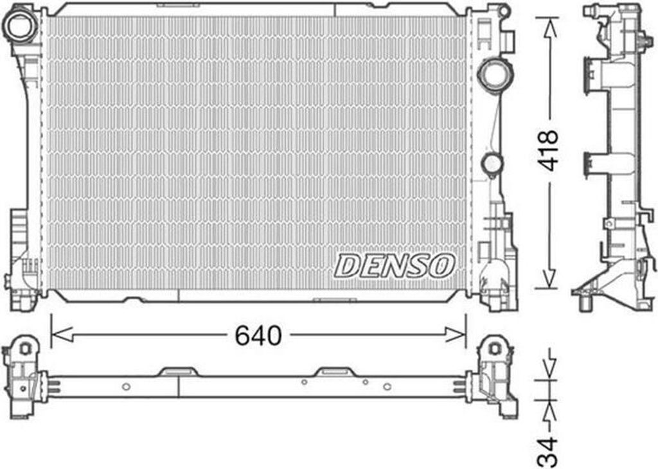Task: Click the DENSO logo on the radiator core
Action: click(395, 265)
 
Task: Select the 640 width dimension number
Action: click(258, 335)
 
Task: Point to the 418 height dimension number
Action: click(549, 150)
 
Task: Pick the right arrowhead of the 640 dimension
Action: click(455, 335)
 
